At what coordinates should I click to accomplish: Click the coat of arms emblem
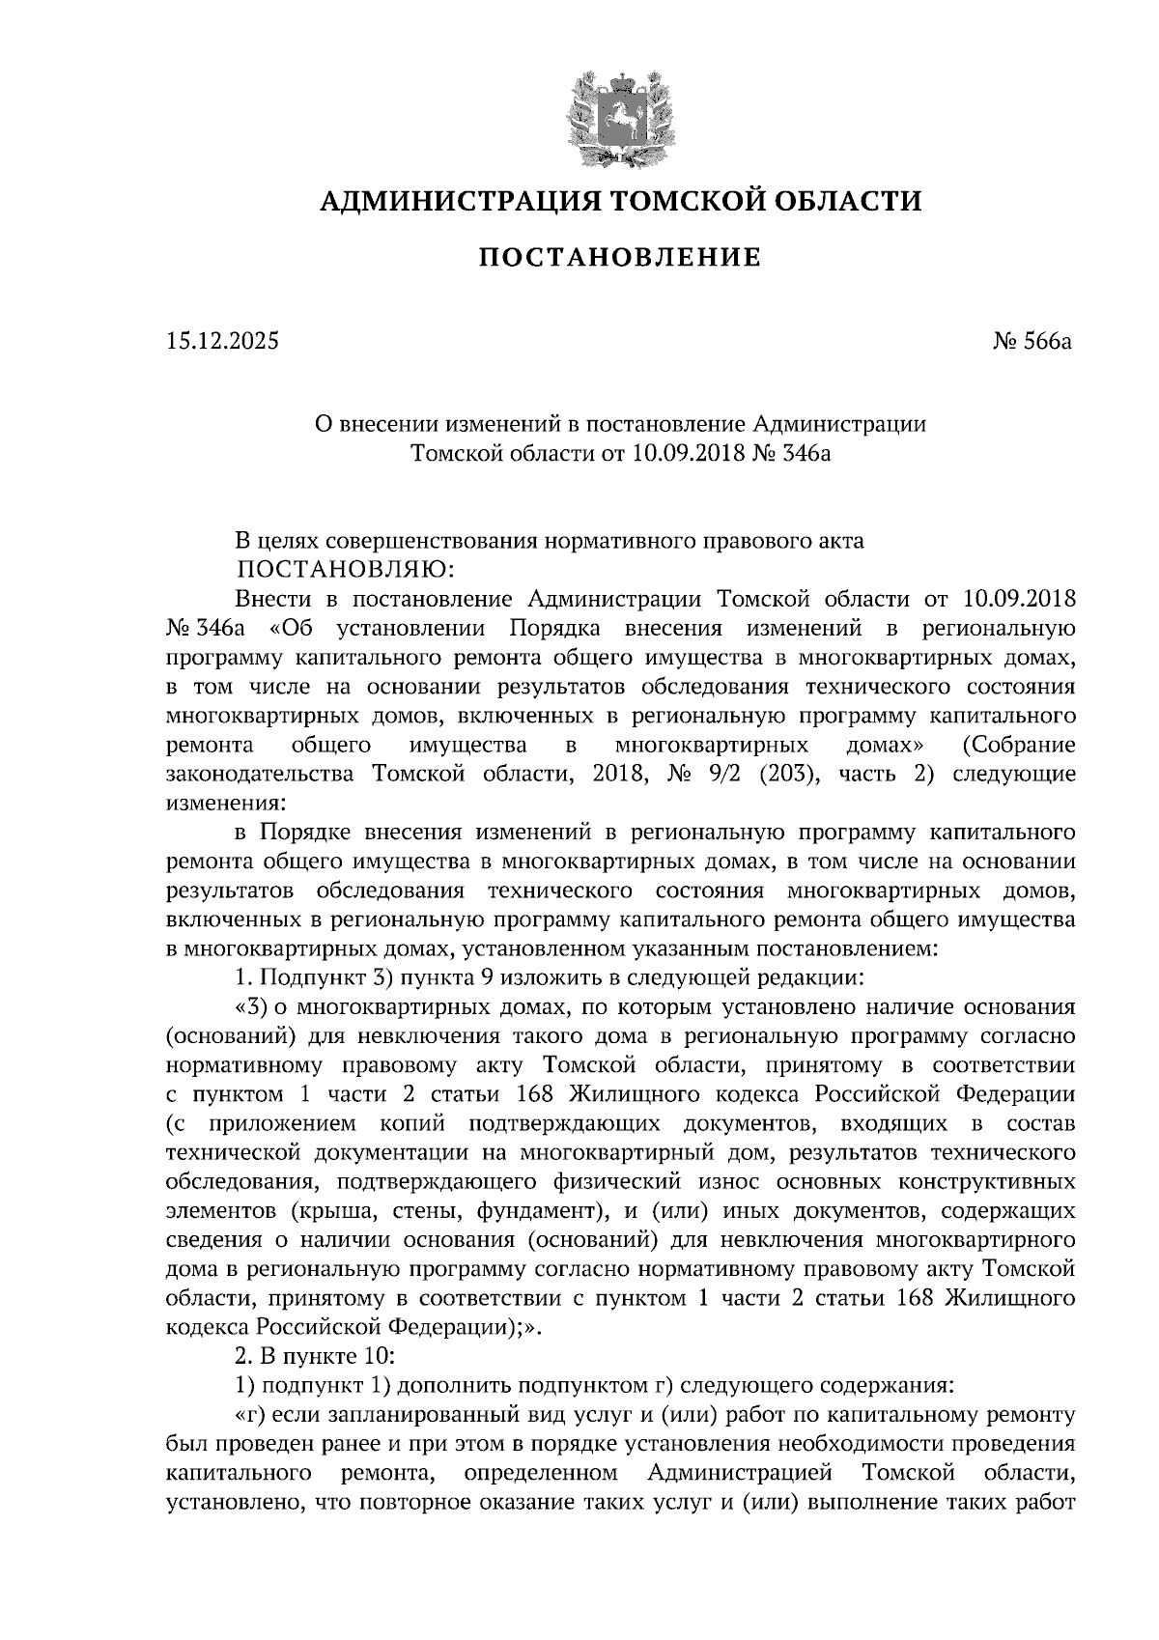[618, 116]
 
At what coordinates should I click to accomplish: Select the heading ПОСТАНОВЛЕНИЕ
[620, 258]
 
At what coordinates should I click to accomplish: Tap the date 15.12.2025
[222, 341]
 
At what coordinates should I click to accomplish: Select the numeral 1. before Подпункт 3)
[243, 976]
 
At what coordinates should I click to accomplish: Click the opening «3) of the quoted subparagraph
[251, 1006]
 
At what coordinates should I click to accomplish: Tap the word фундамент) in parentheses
[566, 1210]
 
